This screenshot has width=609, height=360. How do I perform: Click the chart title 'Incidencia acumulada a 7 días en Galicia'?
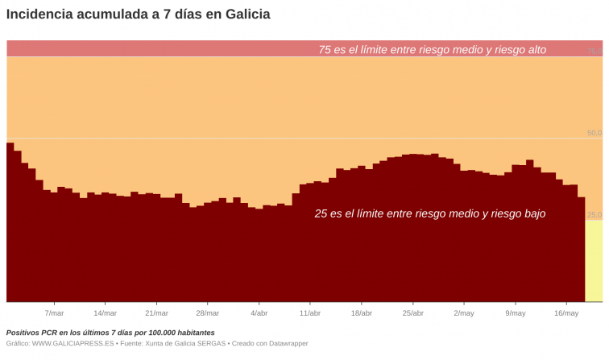click(x=138, y=14)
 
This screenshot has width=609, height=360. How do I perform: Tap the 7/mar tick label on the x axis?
click(x=54, y=312)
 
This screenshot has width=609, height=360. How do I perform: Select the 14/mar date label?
click(x=105, y=312)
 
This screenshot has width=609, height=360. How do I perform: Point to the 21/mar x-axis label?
click(x=156, y=312)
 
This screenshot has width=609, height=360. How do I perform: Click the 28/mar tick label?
click(x=207, y=312)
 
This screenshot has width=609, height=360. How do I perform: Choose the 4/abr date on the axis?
click(x=259, y=312)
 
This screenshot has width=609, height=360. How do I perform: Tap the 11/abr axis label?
click(x=310, y=312)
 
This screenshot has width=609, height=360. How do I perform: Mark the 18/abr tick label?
click(x=362, y=312)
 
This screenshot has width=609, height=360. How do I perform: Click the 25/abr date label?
click(x=412, y=312)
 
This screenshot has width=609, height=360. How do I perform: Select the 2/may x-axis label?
click(x=464, y=312)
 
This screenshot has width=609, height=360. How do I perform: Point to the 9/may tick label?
click(x=516, y=312)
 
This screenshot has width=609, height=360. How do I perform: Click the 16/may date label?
click(x=566, y=312)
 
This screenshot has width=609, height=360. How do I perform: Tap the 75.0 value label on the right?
click(x=594, y=51)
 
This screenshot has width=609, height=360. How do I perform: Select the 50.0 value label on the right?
click(x=594, y=133)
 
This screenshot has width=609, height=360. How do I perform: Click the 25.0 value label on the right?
click(x=594, y=215)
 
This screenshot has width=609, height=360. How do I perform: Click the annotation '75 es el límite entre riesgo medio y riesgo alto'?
click(x=432, y=49)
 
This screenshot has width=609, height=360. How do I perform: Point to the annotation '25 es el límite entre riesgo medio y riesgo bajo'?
click(x=429, y=213)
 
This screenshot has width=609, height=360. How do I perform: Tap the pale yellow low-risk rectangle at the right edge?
click(x=594, y=262)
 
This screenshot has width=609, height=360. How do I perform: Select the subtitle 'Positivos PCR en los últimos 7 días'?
click(x=110, y=332)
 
